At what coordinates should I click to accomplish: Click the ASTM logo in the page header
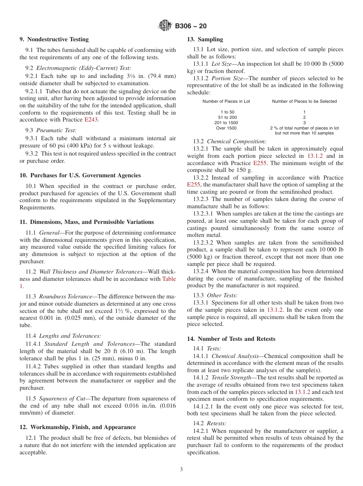pyautogui.click(x=165, y=26)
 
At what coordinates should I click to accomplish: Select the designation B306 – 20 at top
pyautogui.click(x=191, y=26)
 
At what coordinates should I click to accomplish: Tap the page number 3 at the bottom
pyautogui.click(x=181, y=470)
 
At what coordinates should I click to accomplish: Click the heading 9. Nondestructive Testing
pyautogui.click(x=54, y=39)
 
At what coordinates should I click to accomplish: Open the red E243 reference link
pyautogui.click(x=91, y=120)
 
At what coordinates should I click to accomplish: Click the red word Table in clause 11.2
pyautogui.click(x=169, y=279)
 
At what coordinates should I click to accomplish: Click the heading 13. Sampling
pyautogui.click(x=205, y=39)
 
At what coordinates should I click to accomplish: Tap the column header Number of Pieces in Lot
pyautogui.click(x=226, y=101)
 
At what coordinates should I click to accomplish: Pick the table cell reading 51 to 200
pyautogui.click(x=227, y=117)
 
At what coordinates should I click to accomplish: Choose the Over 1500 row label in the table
pyautogui.click(x=226, y=128)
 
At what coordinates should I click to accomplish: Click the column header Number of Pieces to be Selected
pyautogui.click(x=304, y=101)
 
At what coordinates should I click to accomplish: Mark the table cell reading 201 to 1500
pyautogui.click(x=227, y=123)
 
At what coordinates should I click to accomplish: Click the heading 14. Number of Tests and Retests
pyautogui.click(x=231, y=339)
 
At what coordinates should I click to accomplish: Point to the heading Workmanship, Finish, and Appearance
pyautogui.click(x=78, y=427)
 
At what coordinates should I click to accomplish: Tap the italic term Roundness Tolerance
pyautogui.click(x=65, y=296)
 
